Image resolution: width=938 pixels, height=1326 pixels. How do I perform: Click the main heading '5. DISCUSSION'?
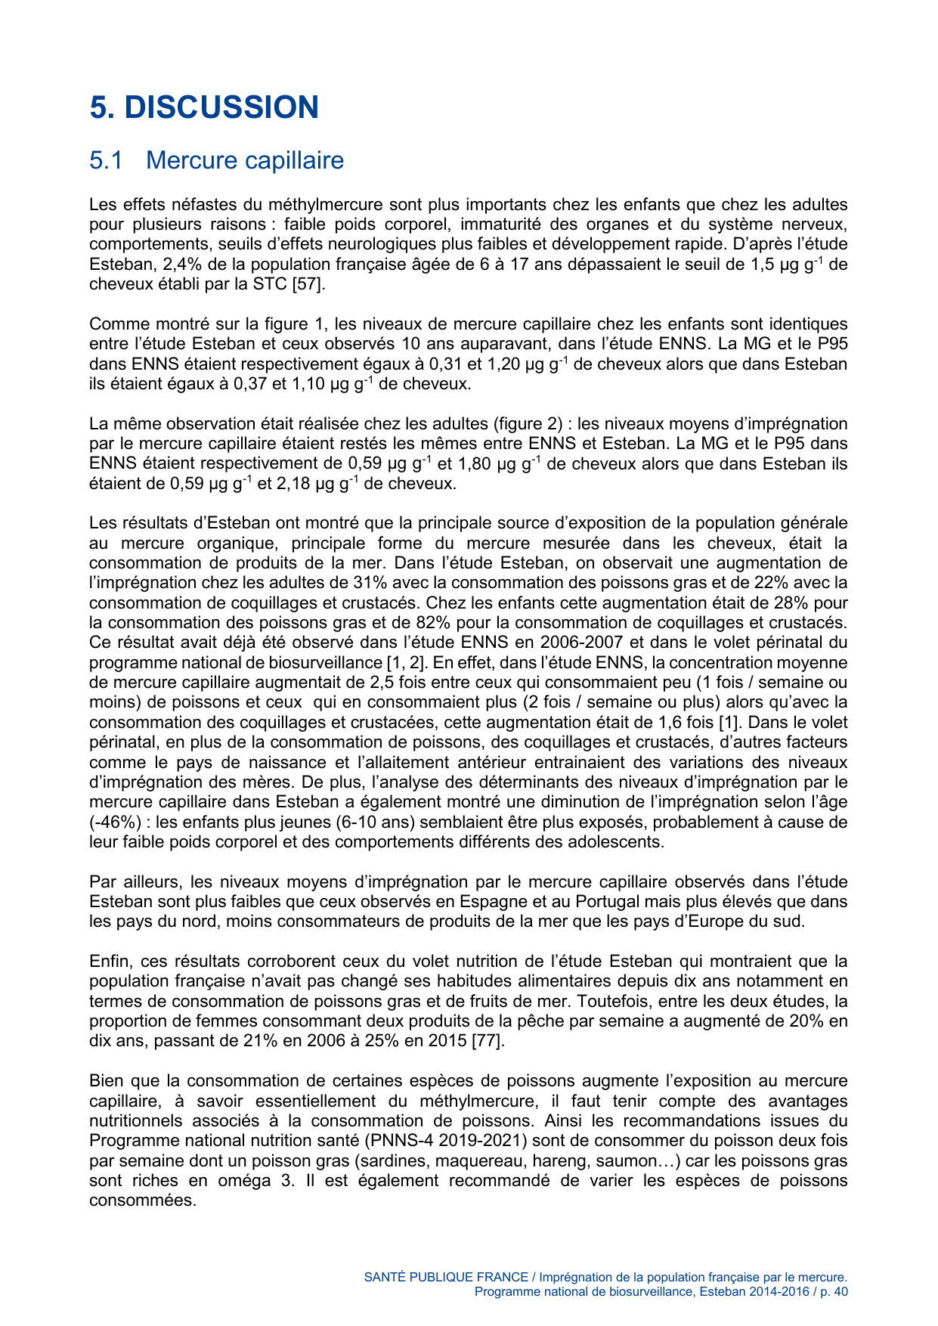(204, 107)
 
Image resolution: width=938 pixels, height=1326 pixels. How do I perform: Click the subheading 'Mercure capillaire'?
(244, 160)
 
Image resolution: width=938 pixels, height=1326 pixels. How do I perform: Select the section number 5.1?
(106, 160)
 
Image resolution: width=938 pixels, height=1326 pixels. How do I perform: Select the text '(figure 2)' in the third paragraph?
(530, 424)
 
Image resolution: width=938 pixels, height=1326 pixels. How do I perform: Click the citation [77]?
(488, 1041)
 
